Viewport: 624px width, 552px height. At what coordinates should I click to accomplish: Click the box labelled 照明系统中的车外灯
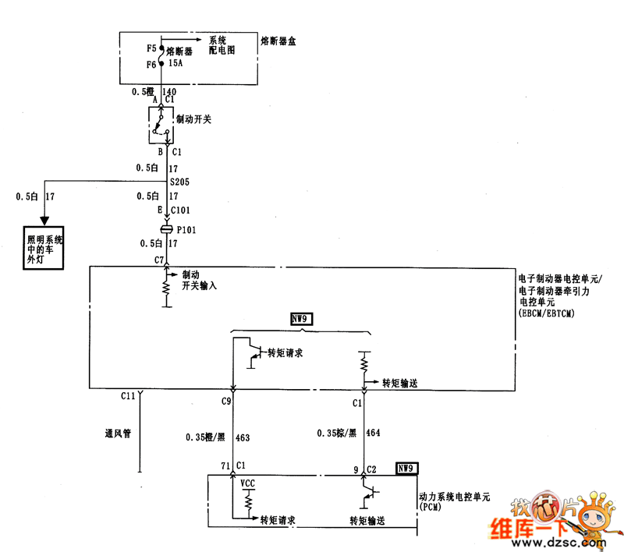coord(43,247)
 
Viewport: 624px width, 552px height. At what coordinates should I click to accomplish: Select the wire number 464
coord(373,432)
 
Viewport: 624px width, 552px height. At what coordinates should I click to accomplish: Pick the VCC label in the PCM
coord(247,483)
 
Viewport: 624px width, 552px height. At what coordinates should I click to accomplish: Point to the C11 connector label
coord(129,396)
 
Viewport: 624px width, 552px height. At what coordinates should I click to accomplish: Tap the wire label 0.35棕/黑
coord(336,432)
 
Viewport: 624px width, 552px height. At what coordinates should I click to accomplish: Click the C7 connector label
coord(158,260)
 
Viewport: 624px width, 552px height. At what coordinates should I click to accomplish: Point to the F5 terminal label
coord(151,48)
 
